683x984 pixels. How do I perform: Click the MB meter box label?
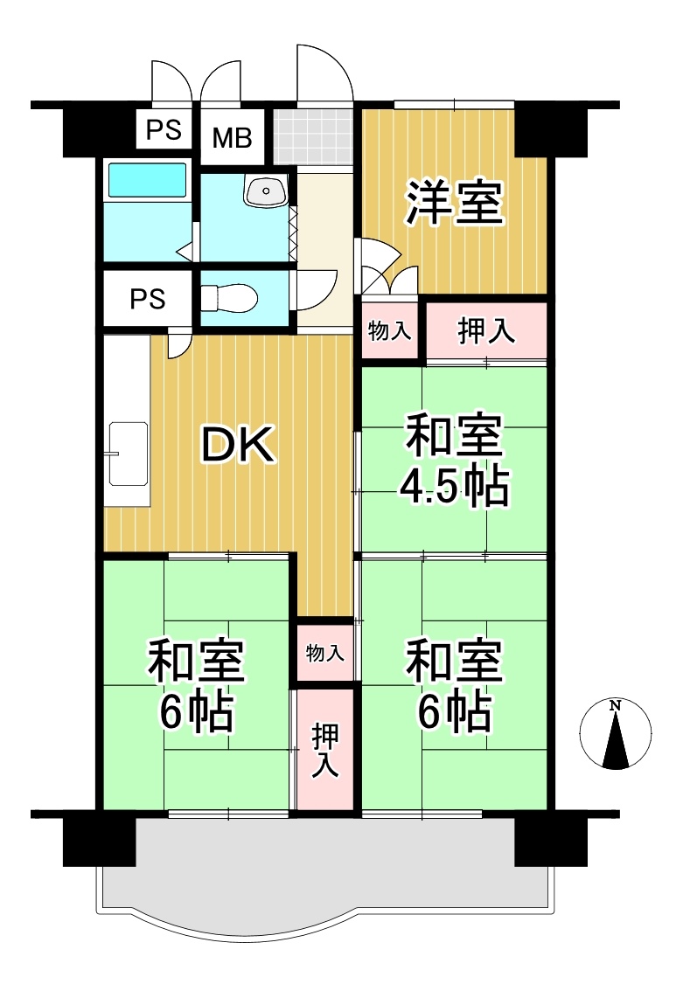[x=233, y=137]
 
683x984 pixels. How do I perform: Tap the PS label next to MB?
[x=164, y=130]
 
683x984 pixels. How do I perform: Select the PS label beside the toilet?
[x=148, y=299]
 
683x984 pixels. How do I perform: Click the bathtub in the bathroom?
[x=148, y=180]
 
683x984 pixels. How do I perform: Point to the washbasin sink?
[x=267, y=191]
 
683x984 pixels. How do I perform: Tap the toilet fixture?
[x=229, y=298]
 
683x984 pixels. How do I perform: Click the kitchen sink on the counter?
[x=128, y=453]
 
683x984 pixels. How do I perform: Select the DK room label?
[x=237, y=444]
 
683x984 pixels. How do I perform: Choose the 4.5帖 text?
[x=455, y=487]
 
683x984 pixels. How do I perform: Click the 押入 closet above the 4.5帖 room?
[x=486, y=330]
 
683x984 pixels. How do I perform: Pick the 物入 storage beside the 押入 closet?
[x=389, y=330]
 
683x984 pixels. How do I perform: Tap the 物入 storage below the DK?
[x=325, y=654]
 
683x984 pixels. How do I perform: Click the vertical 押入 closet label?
[x=325, y=750]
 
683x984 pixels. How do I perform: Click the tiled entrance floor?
[x=315, y=138]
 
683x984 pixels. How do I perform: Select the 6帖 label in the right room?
[x=455, y=712]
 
